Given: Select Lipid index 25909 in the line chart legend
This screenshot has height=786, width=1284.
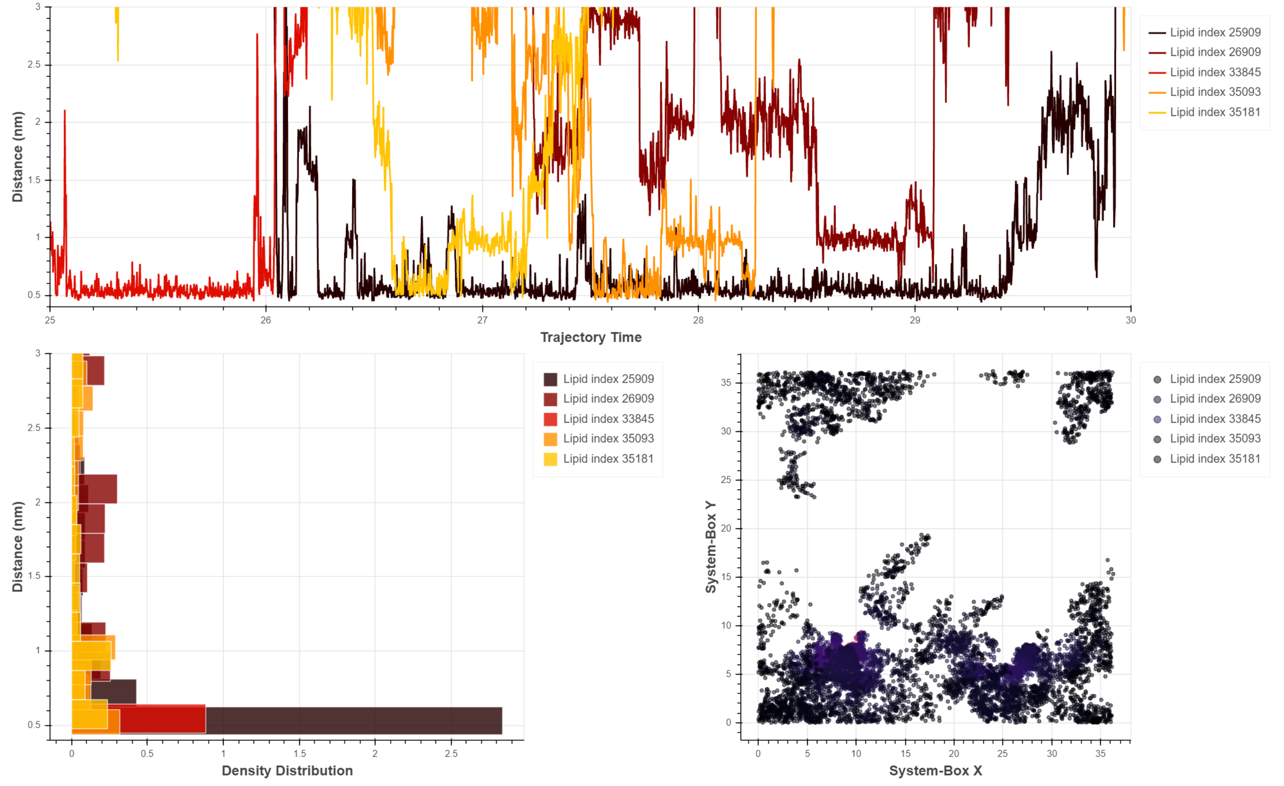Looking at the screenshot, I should click(1215, 32).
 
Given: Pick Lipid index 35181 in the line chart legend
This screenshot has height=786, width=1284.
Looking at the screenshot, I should click(1215, 112).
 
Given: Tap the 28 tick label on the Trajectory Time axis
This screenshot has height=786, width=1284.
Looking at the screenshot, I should click(698, 320).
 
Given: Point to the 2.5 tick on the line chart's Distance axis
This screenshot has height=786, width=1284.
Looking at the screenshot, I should click(34, 65).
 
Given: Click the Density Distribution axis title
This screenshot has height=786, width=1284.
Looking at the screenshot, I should click(287, 770).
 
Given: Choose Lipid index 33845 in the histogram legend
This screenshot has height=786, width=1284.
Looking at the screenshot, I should click(608, 419).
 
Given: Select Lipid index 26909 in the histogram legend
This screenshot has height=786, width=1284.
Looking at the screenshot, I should click(608, 399).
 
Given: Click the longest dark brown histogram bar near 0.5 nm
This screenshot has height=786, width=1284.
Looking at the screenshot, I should click(355, 720).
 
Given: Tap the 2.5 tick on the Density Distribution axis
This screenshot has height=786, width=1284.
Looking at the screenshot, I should click(451, 754).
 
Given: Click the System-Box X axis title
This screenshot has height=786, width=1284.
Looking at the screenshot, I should click(935, 770).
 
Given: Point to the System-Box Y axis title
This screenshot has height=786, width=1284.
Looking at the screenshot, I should click(710, 547).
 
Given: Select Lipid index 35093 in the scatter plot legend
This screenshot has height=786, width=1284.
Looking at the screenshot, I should click(1215, 439).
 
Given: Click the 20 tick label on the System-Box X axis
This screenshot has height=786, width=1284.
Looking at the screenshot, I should click(954, 754).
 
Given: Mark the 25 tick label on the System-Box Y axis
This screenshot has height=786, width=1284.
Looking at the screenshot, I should click(726, 480).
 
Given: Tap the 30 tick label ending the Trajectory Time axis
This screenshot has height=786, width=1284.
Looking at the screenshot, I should click(1130, 320).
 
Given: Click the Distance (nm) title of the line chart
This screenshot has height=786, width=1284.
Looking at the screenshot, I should click(17, 156).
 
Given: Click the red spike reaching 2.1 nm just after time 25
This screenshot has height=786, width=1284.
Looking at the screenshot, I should click(65, 112).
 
